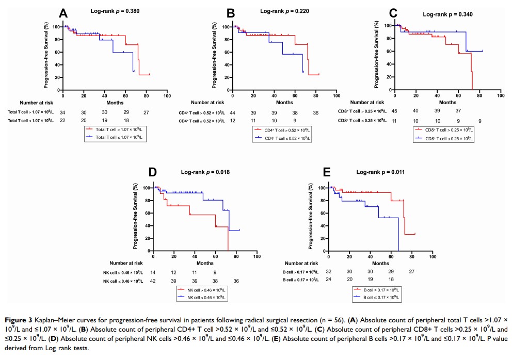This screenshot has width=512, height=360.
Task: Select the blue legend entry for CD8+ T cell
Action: [447, 139]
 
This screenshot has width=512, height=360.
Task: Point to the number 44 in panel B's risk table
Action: [233, 112]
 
